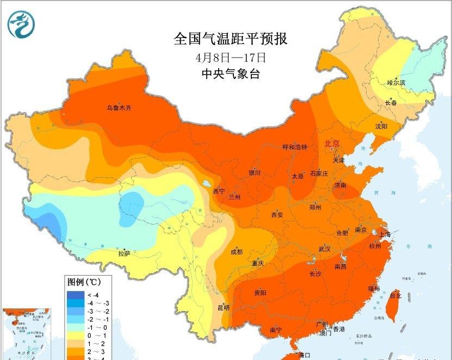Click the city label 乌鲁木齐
click(119, 108)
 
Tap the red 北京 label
click(332, 144)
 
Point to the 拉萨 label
click(124, 253)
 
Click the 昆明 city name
click(223, 308)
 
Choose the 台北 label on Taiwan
click(395, 296)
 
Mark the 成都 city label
click(237, 252)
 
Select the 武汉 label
click(325, 249)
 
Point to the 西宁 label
click(219, 191)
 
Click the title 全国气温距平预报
click(230, 39)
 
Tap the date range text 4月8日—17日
click(231, 57)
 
